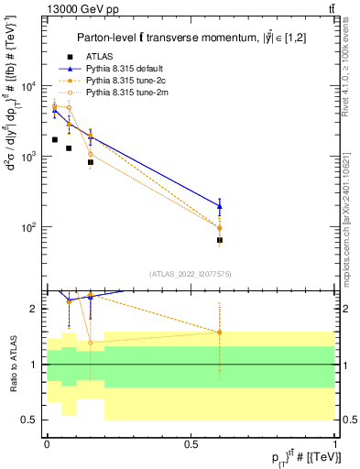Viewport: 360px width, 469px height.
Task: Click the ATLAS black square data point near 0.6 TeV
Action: point(220,240)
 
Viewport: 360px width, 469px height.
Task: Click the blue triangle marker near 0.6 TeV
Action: point(220,206)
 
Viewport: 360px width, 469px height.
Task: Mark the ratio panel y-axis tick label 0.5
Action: point(32,420)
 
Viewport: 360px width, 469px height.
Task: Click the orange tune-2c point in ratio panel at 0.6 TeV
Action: point(220,332)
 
